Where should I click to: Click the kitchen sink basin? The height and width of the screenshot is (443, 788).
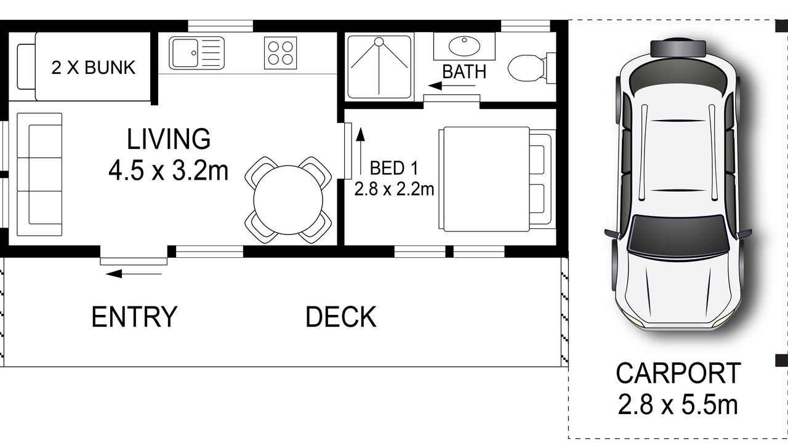pos(184,53)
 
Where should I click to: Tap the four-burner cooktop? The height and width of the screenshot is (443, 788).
pos(280,53)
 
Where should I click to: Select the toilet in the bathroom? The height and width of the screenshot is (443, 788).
pos(531,68)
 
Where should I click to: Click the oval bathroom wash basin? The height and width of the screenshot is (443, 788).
pos(464,46)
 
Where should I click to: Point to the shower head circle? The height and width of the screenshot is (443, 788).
pos(379,42)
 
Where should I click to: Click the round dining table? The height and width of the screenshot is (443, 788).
pos(288,200)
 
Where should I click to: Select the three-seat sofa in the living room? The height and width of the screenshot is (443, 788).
pos(39,174)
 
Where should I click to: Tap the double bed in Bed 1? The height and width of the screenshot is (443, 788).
pos(497,179)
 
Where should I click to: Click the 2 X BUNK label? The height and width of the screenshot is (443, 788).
pos(94,68)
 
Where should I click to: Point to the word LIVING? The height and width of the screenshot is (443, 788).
pos(169,139)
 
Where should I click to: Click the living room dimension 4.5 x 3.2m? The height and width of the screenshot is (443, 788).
pos(169,171)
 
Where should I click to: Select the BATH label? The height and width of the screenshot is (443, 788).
pos(464,72)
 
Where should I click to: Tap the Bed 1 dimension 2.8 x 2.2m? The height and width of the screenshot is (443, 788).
pos(394,190)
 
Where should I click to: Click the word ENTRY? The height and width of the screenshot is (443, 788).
pos(134,317)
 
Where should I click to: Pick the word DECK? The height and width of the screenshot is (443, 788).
pos(341,317)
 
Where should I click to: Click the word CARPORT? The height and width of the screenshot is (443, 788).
pos(678,373)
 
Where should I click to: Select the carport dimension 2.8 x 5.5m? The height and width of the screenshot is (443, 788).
pos(678,405)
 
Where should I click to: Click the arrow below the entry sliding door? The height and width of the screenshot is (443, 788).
pos(134,274)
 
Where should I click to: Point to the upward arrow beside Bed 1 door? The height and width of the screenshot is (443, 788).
pos(360,151)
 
